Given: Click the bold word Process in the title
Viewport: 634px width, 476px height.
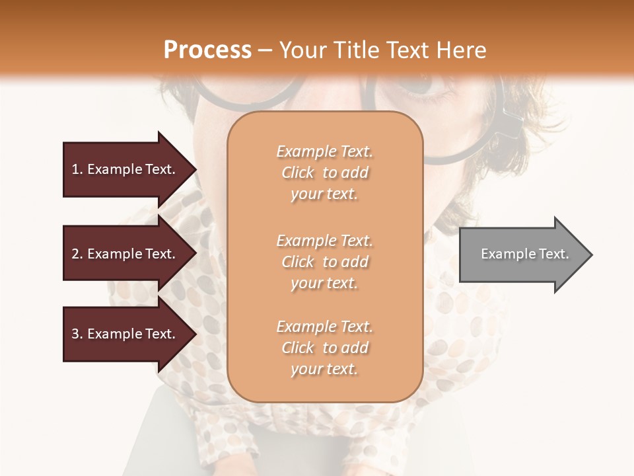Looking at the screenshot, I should pos(207,50).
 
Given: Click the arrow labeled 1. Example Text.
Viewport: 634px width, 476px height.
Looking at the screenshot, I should pos(125,169).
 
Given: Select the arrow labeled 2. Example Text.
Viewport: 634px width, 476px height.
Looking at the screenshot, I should pos(125,254).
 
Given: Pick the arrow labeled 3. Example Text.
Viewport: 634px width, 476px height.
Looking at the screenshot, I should pos(125,334).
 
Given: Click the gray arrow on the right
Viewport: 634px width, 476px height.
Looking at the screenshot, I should pos(522,254).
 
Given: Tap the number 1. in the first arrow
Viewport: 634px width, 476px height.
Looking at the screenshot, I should pos(77,169).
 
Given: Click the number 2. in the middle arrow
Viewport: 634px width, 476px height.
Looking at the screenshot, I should pos(77,254).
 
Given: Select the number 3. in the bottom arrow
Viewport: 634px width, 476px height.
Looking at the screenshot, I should pos(77,334).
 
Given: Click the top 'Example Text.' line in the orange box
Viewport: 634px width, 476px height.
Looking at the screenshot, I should pos(324,151).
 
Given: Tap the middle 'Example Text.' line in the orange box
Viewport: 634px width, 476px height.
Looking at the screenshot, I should pos(324,240).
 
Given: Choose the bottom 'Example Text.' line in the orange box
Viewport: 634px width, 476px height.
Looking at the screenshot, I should pos(324,327).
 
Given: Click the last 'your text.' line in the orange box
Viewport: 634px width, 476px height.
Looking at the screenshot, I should pos(324,369).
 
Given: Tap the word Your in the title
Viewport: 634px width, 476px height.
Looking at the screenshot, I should pos(301,50).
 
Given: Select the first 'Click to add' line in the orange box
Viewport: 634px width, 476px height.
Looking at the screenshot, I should pos(324,173).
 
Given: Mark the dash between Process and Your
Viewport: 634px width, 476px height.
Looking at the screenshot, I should pos(265,50).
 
